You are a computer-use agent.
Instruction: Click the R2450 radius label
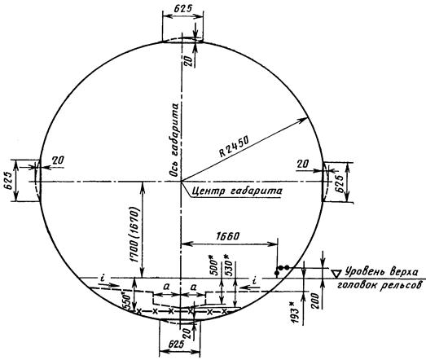click(235, 147)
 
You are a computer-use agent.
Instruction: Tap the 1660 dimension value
click(227, 236)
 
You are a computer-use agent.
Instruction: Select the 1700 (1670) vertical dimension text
click(135, 235)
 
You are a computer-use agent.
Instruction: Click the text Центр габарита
click(237, 191)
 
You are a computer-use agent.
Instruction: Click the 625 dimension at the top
click(182, 9)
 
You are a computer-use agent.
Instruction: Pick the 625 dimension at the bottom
click(176, 345)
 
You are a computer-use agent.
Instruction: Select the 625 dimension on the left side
click(8, 182)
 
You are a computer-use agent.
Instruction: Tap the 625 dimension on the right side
click(340, 184)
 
